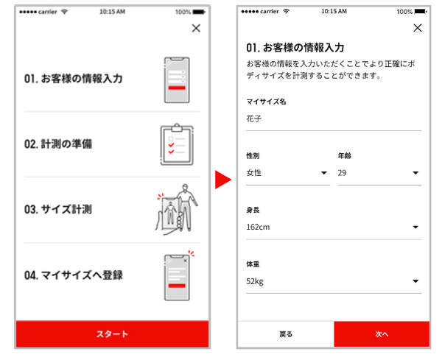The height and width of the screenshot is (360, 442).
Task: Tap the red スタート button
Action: click(x=112, y=333)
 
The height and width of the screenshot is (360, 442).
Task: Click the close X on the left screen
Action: click(x=196, y=28)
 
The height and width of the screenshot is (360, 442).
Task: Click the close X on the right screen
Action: click(x=418, y=28)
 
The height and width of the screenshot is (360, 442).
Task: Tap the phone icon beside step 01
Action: click(x=177, y=80)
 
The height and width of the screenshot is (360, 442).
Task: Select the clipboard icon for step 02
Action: click(x=177, y=144)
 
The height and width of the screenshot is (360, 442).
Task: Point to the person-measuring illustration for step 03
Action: click(x=177, y=209)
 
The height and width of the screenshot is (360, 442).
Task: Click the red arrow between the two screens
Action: click(x=223, y=180)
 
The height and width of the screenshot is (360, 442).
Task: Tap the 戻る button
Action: click(x=286, y=334)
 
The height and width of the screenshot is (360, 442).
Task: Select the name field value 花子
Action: click(x=253, y=119)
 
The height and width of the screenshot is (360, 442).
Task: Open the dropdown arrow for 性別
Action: click(x=324, y=173)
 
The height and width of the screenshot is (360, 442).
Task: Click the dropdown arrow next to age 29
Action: click(x=415, y=173)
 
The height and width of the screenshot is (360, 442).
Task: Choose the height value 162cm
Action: click(x=258, y=227)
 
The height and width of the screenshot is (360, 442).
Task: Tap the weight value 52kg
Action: click(x=255, y=281)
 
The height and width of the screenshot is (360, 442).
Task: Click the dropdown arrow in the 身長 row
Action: click(x=415, y=227)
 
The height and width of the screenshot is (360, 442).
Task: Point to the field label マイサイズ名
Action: click(x=266, y=102)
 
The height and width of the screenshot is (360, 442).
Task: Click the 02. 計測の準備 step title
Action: click(x=58, y=144)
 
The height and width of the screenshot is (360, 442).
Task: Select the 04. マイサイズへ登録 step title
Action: click(x=74, y=275)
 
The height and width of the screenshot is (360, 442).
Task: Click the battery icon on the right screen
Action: click(x=421, y=11)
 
